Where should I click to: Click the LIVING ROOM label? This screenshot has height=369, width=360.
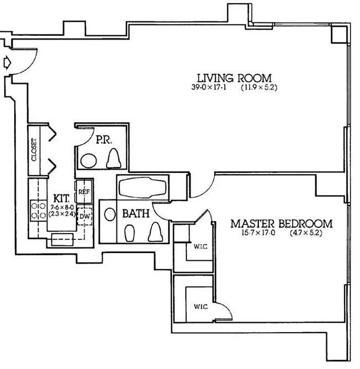[x=234, y=78]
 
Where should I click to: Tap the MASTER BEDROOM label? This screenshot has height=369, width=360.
[x=282, y=223]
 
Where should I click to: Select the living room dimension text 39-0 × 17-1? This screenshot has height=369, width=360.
[x=209, y=87]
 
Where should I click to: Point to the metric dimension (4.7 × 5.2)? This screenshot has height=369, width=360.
[x=306, y=233]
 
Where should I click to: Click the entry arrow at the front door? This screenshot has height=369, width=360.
[x=7, y=63]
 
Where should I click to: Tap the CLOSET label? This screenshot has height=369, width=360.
[x=34, y=150]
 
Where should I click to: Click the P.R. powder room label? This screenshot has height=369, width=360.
[x=103, y=140]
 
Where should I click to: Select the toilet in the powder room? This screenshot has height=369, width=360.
[x=113, y=158]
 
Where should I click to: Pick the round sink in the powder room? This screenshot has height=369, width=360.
[x=89, y=161]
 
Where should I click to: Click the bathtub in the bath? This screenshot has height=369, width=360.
[x=143, y=187]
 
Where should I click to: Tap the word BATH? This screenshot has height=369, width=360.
[x=136, y=213]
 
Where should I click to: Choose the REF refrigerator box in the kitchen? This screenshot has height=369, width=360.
[x=84, y=192]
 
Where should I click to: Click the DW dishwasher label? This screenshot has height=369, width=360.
[x=84, y=216]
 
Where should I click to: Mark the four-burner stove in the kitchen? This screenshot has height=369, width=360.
[x=38, y=211]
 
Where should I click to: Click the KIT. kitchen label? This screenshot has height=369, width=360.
[x=62, y=199]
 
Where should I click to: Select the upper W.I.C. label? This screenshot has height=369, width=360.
[x=201, y=247]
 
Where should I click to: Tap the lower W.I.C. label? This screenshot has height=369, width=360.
[x=201, y=307]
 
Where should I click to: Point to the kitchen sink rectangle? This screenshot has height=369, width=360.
[x=63, y=239]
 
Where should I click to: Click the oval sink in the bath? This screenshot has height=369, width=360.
[x=110, y=214]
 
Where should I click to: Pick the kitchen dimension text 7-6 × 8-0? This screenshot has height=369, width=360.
[x=62, y=207]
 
